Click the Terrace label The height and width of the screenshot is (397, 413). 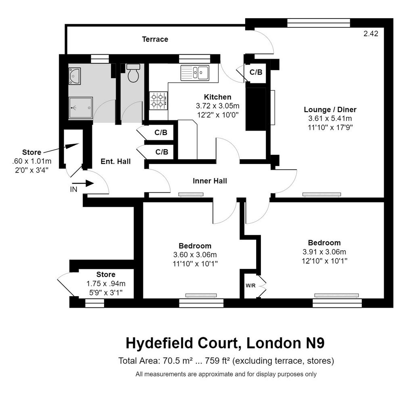coord(155,39)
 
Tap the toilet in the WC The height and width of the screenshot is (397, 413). coord(133,73)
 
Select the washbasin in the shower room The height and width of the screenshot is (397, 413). coord(75,76)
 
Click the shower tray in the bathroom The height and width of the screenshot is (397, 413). coord(81,108)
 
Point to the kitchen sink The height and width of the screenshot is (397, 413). coord(195,73)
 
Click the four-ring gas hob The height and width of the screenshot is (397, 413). coord(159,101)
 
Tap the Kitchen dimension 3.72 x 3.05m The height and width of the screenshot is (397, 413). coord(217,106)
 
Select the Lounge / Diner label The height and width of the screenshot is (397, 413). coord(330,110)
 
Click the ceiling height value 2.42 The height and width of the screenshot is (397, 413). coord(371,33)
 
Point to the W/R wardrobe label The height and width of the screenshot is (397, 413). coord(250,286)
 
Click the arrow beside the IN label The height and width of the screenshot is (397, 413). coord(83,183)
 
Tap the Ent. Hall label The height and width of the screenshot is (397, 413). coord(116,161)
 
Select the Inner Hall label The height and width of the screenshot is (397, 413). coord(210,181)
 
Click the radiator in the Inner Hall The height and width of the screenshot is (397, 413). coord(191,195)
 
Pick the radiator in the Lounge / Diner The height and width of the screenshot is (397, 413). coord(321,194)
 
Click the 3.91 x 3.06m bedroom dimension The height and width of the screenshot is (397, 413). coord(324,252)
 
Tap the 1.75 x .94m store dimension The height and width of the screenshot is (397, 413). coord(106,284)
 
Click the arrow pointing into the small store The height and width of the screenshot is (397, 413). coord(61,148)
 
